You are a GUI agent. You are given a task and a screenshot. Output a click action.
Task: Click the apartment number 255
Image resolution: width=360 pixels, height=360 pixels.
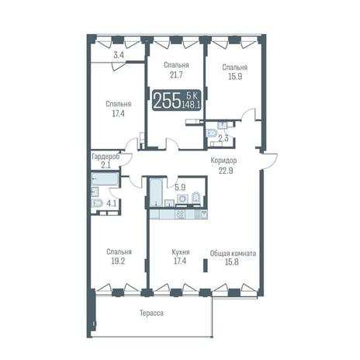pos(167,101)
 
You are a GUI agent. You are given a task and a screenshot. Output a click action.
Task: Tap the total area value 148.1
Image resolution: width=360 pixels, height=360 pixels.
pos(192,105)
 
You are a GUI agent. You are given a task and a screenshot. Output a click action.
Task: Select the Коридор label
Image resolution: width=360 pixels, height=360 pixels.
pos(223,161)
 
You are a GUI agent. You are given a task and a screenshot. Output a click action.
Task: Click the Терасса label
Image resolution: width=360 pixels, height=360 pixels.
pos(151,313)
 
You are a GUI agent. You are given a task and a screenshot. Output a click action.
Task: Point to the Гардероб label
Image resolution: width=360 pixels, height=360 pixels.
pos(106,157)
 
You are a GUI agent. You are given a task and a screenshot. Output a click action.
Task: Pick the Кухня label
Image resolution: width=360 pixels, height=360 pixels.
pos(181,252)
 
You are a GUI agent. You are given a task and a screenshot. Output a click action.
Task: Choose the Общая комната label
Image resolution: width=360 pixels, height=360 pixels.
pos(233,253)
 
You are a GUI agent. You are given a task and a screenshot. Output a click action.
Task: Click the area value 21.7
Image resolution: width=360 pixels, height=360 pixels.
pos(176,74)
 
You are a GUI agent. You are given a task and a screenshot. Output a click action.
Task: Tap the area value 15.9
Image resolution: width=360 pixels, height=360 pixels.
pos(235,77)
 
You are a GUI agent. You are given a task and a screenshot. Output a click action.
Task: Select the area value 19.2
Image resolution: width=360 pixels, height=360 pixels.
pos(118,261)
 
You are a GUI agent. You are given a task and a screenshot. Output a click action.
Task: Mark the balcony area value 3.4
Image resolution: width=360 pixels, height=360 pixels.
pos(119,55)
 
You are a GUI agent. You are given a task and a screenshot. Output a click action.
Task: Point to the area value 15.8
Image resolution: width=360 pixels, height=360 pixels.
pos(232,262)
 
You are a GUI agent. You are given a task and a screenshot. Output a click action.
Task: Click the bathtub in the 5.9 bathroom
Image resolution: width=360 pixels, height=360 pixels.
pos(156,192)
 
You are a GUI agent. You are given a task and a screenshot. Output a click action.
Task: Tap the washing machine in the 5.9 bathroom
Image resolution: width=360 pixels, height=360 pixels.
pos(183,199)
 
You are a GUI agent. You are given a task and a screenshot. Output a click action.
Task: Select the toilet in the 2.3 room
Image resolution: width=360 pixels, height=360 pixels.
pos(212,133)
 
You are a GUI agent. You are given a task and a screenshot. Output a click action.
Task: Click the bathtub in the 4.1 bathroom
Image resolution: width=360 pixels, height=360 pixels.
pos(105,179)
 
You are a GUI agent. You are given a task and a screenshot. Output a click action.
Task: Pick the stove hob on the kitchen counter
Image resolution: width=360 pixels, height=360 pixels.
pos(180,215)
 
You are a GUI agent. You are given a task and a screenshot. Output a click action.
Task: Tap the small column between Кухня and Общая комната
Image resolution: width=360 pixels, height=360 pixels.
pos(206,265)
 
